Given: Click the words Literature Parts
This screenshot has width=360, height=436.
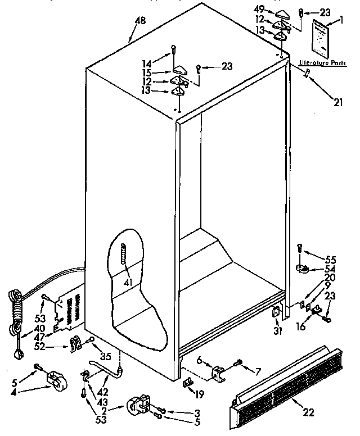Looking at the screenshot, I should (322, 63).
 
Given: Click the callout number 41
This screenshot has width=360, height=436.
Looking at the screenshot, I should (128, 282).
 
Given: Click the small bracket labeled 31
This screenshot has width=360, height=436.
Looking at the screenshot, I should (276, 314).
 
